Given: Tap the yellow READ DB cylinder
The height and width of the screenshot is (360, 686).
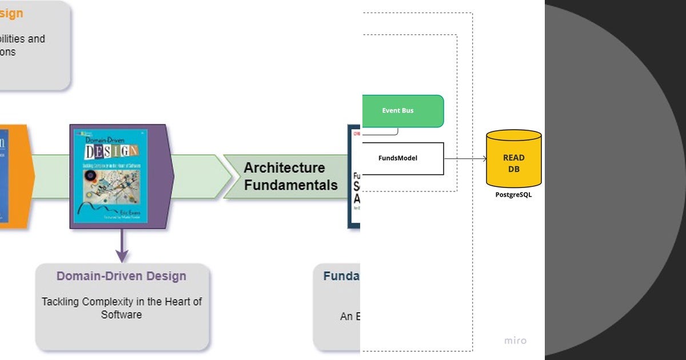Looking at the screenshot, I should click(x=513, y=160).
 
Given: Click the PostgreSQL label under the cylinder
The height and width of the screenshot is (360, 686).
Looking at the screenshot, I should click(x=513, y=195).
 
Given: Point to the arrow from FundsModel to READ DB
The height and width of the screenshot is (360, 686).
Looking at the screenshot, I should click(x=464, y=159).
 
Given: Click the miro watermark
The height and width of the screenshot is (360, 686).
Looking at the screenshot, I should click(x=515, y=341).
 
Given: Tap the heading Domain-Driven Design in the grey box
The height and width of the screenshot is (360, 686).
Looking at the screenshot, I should click(x=121, y=276).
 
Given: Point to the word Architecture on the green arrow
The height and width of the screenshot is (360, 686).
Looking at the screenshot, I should click(x=284, y=167).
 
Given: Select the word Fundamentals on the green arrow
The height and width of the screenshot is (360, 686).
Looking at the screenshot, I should click(x=290, y=185).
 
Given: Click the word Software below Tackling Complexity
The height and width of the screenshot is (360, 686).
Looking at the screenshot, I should click(x=121, y=315).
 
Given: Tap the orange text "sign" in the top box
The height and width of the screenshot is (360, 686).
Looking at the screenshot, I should click(x=11, y=14).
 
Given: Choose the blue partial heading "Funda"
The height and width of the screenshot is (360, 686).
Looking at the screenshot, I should click(x=341, y=277).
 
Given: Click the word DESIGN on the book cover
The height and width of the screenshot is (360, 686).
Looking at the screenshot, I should click(x=110, y=151).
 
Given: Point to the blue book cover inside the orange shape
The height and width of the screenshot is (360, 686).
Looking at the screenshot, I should click(x=4, y=177).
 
